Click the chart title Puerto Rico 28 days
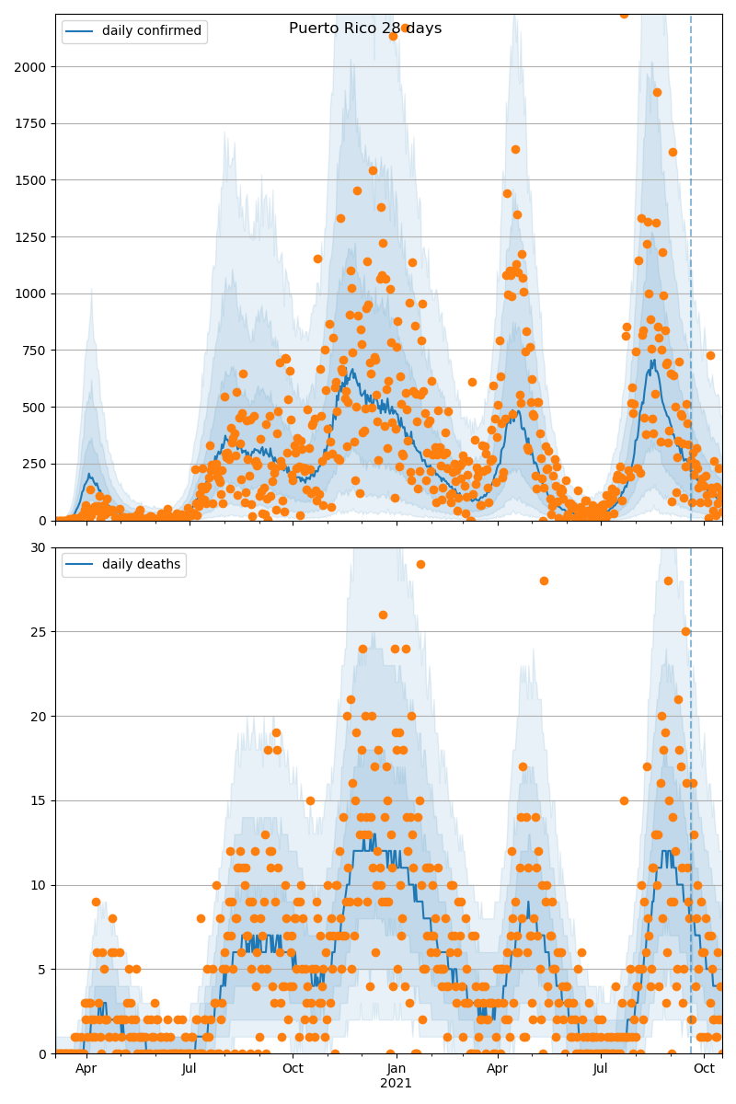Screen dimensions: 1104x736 tap(365, 29)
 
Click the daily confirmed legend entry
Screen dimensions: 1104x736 tap(134, 31)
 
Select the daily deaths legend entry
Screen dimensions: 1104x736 tap(123, 565)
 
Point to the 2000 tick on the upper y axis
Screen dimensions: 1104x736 tap(34, 67)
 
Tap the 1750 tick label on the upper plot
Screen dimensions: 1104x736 tap(34, 123)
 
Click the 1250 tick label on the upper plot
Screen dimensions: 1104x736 tap(34, 237)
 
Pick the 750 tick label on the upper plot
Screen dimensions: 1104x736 tap(38, 351)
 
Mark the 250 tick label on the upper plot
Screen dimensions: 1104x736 tap(38, 464)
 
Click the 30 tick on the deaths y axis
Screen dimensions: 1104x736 tap(39, 547)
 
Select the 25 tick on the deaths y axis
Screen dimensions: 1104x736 tap(39, 632)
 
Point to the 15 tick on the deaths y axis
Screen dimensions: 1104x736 tap(39, 800)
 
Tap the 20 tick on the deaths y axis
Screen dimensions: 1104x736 tap(39, 717)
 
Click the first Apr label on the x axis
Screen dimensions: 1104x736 tap(86, 1068)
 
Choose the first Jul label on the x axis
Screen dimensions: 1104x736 tap(190, 1068)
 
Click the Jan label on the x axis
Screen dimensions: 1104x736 tap(397, 1068)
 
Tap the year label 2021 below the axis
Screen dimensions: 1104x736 tap(397, 1083)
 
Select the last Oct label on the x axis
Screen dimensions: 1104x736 tap(705, 1068)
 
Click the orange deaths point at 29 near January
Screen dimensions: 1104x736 tap(420, 564)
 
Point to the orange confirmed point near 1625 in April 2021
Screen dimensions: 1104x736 tap(515, 149)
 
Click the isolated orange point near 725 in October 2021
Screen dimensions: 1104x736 tap(710, 355)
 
